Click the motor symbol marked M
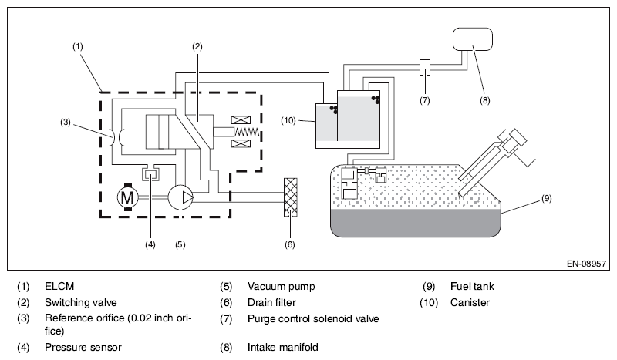pos(127,197)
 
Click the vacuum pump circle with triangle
pos(181,197)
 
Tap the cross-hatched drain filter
pos(291,197)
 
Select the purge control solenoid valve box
pos(425,67)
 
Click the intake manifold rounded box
pos(473,39)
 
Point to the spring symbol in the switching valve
pos(247,132)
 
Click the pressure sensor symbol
pos(150,173)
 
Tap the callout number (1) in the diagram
pos(78,46)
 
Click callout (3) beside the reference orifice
pos(66,122)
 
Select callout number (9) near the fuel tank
pos(547,198)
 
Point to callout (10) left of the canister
pos(288,120)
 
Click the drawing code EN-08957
pos(586,264)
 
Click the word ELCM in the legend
pos(59,286)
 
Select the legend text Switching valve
pos(81,302)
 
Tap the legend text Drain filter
pos(271,302)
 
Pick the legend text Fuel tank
pos(472,286)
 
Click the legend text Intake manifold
pos(282,347)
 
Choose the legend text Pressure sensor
pos(83,347)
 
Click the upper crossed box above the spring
pos(241,120)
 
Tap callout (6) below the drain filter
pos(290,244)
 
